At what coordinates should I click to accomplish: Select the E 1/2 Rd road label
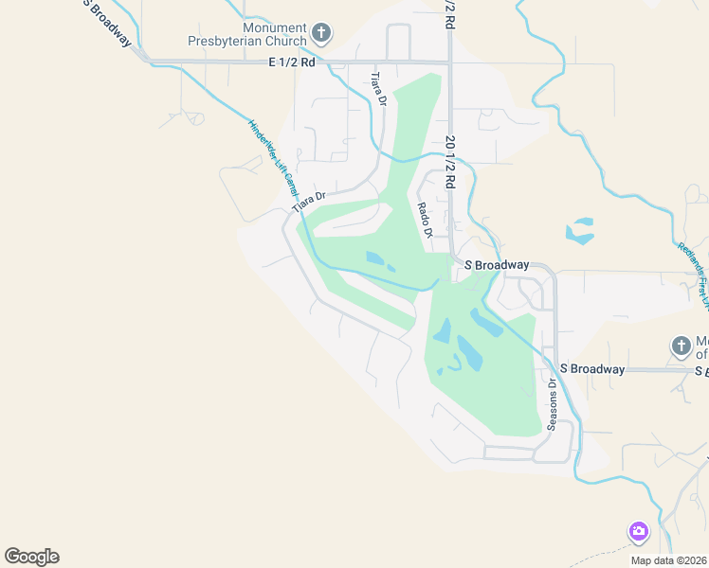(290, 63)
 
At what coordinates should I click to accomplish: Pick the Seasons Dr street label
(552, 404)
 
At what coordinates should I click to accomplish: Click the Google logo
(31, 557)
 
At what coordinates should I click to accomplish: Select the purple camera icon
(638, 531)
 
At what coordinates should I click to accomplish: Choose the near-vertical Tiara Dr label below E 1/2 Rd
(379, 87)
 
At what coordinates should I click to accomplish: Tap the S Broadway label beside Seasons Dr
(592, 369)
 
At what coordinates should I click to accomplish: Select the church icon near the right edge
(681, 346)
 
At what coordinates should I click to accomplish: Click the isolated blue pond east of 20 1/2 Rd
(579, 231)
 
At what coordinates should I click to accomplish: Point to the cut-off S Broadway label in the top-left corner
(106, 19)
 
